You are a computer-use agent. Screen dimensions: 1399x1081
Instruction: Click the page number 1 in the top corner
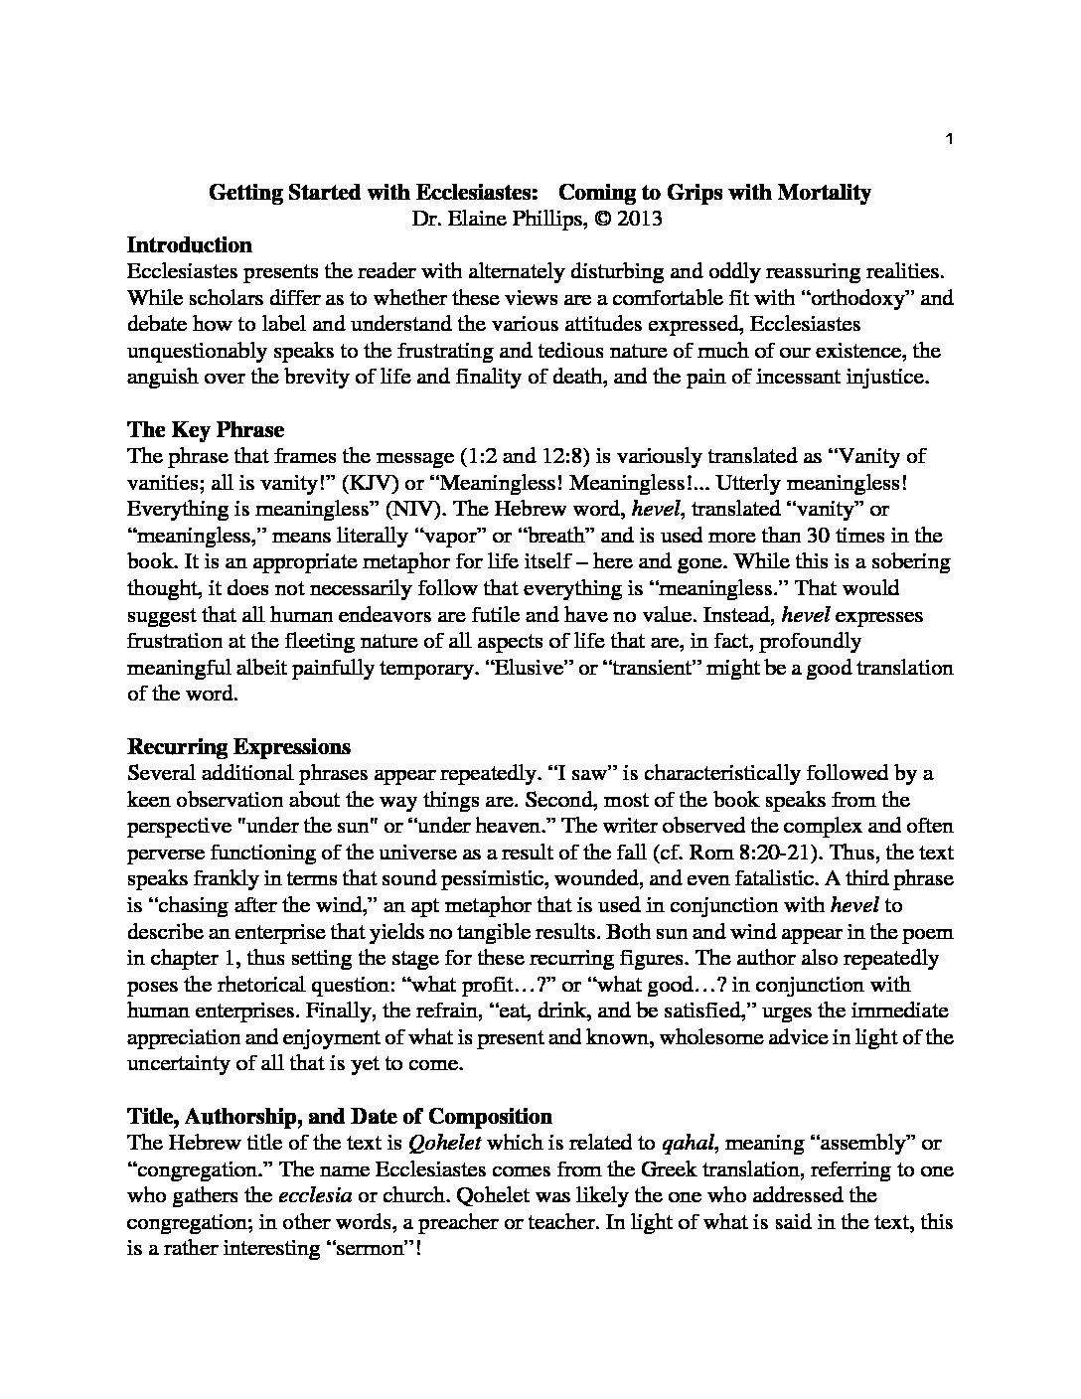(x=950, y=140)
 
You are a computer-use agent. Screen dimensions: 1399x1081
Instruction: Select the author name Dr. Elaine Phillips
(x=488, y=220)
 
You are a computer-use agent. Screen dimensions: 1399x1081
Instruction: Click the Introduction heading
(x=189, y=245)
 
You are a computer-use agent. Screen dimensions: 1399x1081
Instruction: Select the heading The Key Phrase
(x=206, y=430)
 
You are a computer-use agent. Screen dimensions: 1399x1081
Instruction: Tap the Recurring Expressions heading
(x=238, y=747)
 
